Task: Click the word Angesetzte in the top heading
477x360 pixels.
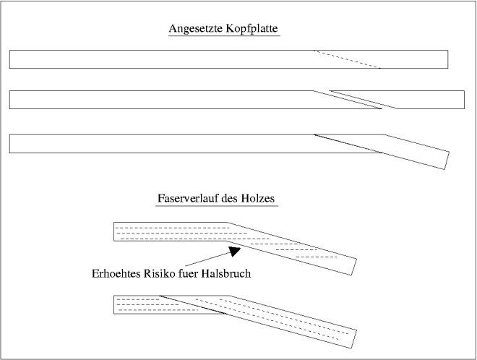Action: [196, 29]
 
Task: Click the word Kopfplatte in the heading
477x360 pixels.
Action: [252, 29]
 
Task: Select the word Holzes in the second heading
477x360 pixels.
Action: [258, 198]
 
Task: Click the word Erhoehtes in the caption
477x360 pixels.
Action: [116, 273]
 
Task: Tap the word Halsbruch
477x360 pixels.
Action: [226, 273]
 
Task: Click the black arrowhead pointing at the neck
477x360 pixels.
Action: [235, 252]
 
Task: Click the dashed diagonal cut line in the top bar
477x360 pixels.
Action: [347, 59]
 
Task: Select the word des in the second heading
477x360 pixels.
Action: [230, 198]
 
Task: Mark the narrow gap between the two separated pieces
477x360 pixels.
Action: [356, 100]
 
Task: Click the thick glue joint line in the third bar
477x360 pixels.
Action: [348, 144]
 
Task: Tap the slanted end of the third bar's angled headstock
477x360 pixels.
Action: [447, 160]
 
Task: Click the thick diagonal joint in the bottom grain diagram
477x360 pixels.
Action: [193, 304]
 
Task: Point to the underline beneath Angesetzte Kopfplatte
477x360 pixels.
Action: [224, 36]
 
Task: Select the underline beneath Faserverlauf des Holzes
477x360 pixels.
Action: [217, 206]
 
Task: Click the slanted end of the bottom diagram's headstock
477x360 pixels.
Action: [354, 339]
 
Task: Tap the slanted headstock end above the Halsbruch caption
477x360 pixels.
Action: [354, 267]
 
